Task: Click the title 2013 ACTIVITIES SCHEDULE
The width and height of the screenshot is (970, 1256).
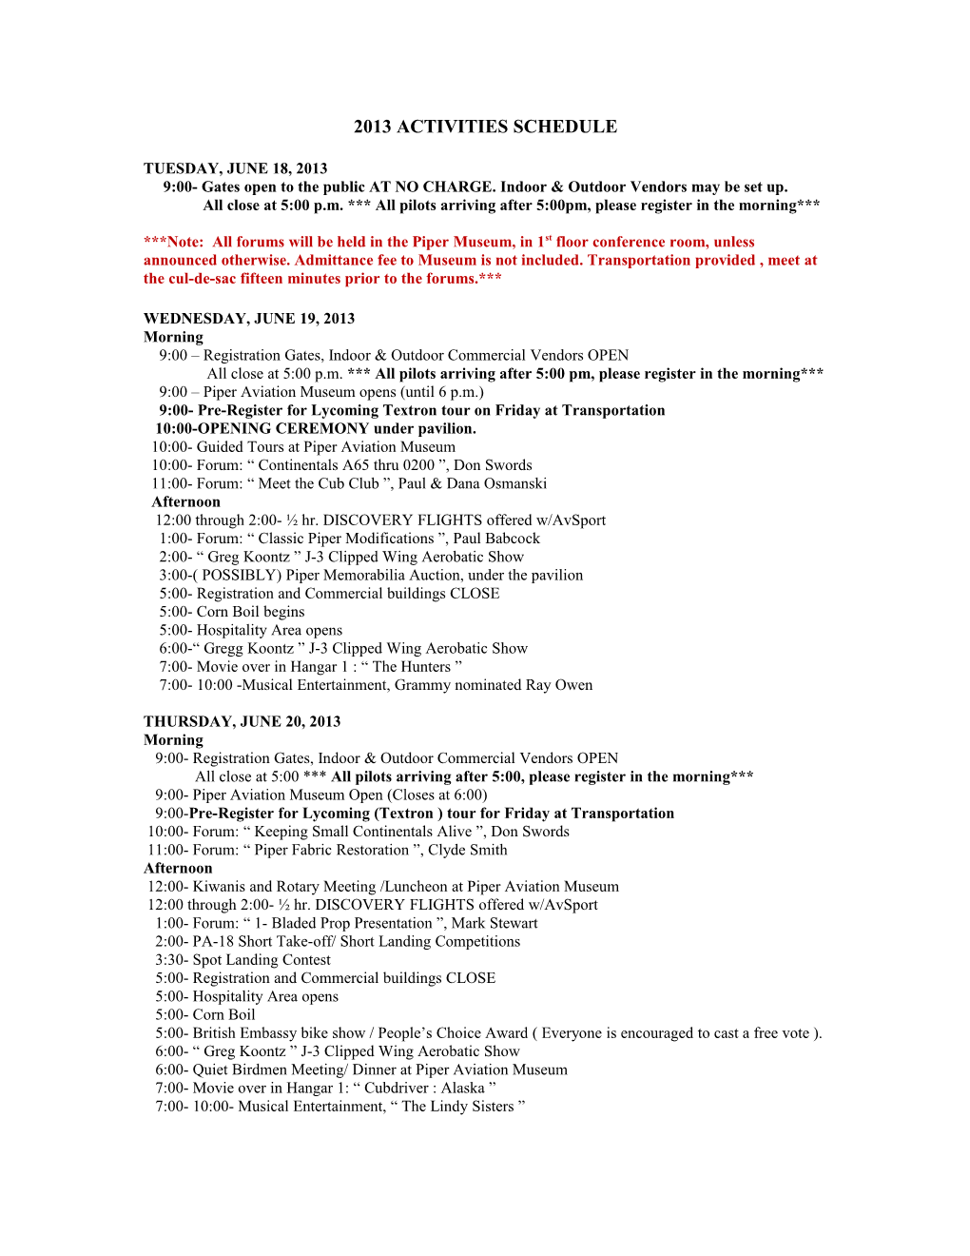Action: (485, 127)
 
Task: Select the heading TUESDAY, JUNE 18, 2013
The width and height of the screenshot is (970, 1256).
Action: (235, 168)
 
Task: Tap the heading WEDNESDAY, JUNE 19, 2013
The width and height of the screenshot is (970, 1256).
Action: (249, 319)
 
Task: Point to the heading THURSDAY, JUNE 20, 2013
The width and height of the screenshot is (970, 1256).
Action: (242, 721)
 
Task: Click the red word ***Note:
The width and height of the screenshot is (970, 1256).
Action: (173, 243)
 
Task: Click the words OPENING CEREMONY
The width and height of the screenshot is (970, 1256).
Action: (282, 429)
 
